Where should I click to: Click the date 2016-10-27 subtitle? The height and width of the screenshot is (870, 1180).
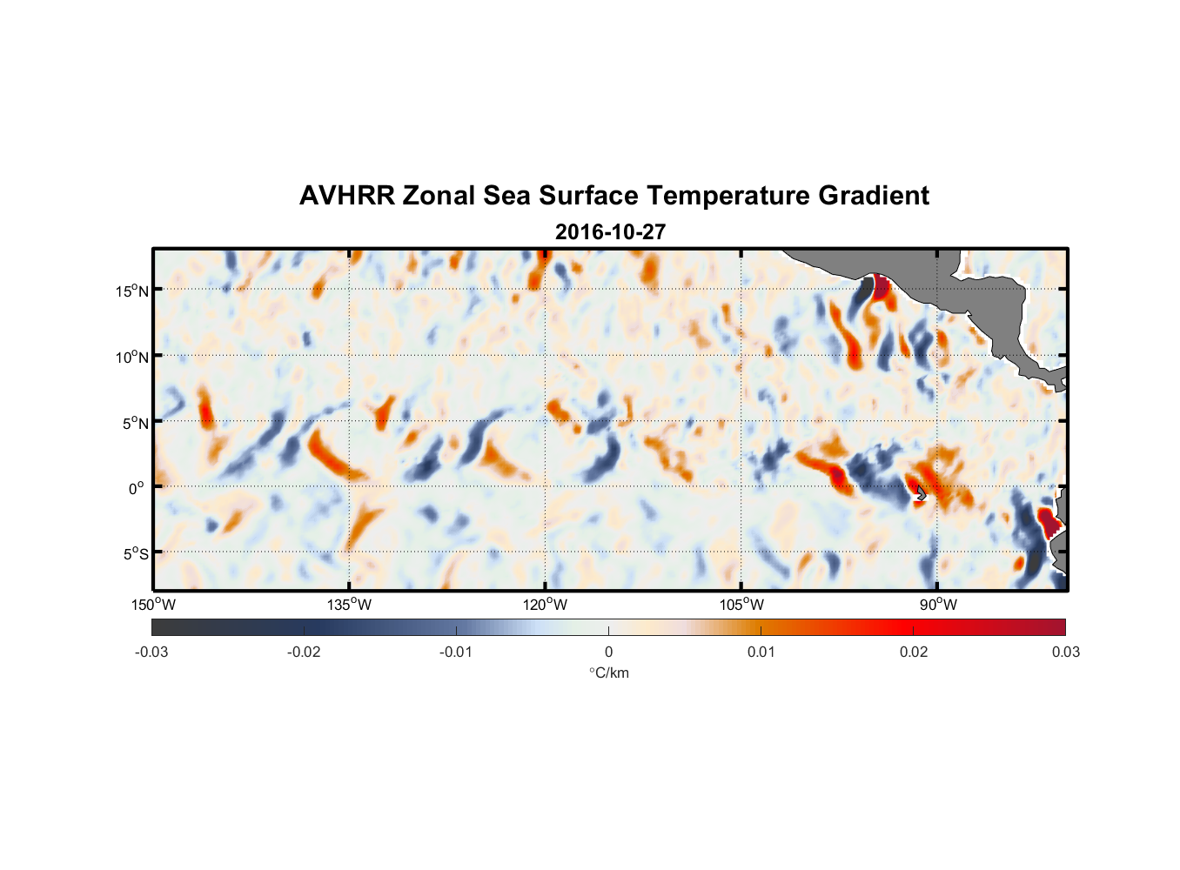coord(610,232)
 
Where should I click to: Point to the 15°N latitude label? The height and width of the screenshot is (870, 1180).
coord(132,291)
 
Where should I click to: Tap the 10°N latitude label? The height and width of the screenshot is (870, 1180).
coord(132,357)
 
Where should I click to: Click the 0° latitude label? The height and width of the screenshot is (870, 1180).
coord(137,488)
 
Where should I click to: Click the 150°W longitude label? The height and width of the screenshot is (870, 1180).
coord(153,605)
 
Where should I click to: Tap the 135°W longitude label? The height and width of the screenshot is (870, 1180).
coord(349,605)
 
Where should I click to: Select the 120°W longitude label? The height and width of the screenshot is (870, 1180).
coord(545,605)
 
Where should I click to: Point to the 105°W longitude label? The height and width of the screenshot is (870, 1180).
coord(741,605)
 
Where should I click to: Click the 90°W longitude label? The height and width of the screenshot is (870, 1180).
coord(937,605)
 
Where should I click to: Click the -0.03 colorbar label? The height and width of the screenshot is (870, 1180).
coord(151,652)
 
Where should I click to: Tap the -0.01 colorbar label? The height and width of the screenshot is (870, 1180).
coord(456,652)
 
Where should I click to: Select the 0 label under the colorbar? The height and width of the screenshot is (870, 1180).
coord(608,652)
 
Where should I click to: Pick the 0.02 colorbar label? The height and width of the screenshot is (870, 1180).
coord(913,652)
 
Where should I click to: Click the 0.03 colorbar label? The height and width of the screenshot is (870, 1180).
coord(1065,652)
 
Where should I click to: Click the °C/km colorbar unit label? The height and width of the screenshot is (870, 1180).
coord(608,673)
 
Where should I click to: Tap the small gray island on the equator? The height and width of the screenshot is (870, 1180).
coord(921,493)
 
